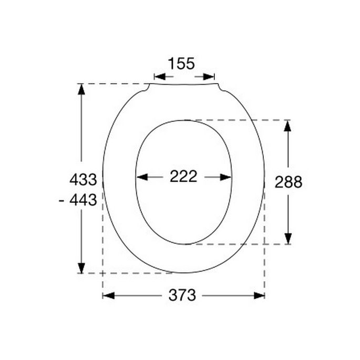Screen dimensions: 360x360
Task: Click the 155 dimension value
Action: pos(181,64)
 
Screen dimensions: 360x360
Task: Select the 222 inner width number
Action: pos(183,177)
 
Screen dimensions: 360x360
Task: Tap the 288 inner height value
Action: pos(289,182)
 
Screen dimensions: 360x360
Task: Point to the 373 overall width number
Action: pos(182,295)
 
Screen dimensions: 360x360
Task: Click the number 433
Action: pos(83,180)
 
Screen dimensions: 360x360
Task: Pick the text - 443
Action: pos(78,200)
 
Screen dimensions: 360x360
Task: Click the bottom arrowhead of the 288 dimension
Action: pos(287,239)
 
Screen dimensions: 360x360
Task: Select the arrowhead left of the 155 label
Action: pos(158,77)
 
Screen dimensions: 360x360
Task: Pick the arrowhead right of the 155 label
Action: pos(210,77)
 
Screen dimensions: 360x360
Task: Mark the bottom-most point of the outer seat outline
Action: pos(183,273)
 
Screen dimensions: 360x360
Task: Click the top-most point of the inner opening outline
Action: pos(183,120)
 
